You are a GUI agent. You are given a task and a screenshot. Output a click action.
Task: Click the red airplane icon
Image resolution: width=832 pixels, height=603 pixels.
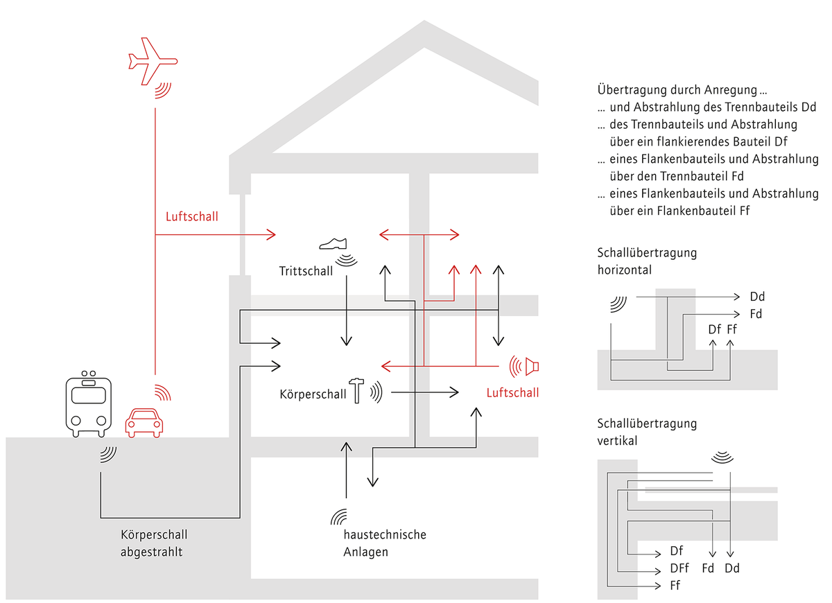pos(153,61)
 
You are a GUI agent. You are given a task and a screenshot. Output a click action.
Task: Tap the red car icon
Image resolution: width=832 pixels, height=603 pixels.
pos(144,423)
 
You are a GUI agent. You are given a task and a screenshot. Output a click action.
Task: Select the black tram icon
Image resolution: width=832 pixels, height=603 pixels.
pos(89,403)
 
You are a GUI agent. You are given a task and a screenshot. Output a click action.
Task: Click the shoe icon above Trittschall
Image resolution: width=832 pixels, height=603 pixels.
pos(333,243)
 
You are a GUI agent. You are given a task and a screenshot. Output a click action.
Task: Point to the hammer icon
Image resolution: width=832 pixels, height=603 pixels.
pos(356,391)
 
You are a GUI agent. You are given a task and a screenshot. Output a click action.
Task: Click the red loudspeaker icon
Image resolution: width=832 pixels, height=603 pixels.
pos(524,367)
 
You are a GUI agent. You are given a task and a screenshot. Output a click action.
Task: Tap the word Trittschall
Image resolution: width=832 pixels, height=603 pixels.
pos(306,271)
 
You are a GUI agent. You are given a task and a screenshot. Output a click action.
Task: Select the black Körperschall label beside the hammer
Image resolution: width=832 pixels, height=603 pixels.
pos(313,394)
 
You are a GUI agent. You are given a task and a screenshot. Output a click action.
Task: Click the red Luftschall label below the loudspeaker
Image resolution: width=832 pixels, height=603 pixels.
pos(512,393)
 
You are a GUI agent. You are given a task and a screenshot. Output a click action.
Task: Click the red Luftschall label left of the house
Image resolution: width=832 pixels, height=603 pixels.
pos(191,216)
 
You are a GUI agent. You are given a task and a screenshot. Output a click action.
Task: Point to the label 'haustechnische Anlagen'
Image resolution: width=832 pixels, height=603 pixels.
pos(385,543)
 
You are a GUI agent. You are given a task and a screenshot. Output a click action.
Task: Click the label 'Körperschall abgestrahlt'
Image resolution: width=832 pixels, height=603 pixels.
pos(154,543)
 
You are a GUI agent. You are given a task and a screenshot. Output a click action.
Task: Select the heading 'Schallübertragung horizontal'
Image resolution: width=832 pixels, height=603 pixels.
pos(647,261)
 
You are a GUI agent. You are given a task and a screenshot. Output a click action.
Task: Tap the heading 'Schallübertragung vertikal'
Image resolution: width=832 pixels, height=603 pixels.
pos(647,432)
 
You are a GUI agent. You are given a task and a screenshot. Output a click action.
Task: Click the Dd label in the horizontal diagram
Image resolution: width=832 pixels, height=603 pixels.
pos(757,297)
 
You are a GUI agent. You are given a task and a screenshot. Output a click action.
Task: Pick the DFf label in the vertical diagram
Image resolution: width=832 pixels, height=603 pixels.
pos(679,568)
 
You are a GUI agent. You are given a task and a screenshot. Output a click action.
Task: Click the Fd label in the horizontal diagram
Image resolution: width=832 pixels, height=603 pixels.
pos(756,314)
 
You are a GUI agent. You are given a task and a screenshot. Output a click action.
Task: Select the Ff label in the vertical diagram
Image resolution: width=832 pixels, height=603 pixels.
pos(675,586)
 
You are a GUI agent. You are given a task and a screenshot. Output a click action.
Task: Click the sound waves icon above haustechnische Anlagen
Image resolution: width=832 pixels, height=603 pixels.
pos(338,516)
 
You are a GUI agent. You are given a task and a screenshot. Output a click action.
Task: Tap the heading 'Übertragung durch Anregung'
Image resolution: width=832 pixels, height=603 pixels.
pos(682,90)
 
